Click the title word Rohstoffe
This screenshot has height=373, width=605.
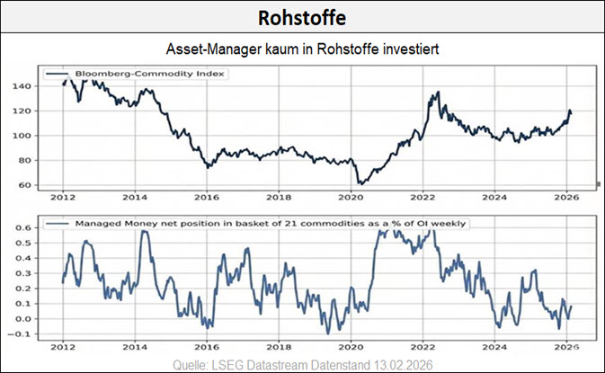(x=302, y=18)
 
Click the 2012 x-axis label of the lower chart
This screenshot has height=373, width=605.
(x=62, y=346)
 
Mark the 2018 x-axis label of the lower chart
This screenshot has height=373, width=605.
(x=280, y=346)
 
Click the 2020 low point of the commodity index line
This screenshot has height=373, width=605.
(x=360, y=183)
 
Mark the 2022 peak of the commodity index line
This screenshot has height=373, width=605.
(x=436, y=93)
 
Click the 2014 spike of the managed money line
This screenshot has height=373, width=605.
(x=143, y=233)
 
